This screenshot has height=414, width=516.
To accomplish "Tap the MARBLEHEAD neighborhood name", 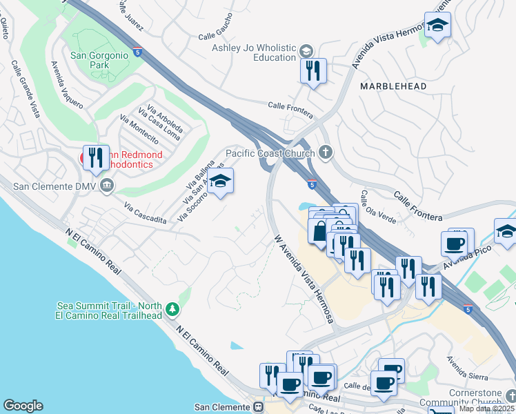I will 393,86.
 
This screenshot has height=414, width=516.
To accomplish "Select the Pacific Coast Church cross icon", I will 326,152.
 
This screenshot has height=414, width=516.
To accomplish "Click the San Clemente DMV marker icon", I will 107,186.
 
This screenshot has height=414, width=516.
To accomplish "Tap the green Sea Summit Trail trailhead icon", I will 172,310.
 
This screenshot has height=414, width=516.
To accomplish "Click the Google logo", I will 23,406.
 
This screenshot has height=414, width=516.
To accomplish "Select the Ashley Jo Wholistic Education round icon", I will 305,51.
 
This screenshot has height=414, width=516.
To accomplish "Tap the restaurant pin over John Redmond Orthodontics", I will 96,157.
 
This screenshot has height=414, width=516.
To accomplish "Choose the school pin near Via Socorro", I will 220,181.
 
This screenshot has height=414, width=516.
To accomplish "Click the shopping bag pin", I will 319,231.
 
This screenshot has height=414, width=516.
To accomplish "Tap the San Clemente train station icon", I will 258,407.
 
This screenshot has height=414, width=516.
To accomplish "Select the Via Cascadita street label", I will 146,212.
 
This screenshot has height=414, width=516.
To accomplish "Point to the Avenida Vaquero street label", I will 66,84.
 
